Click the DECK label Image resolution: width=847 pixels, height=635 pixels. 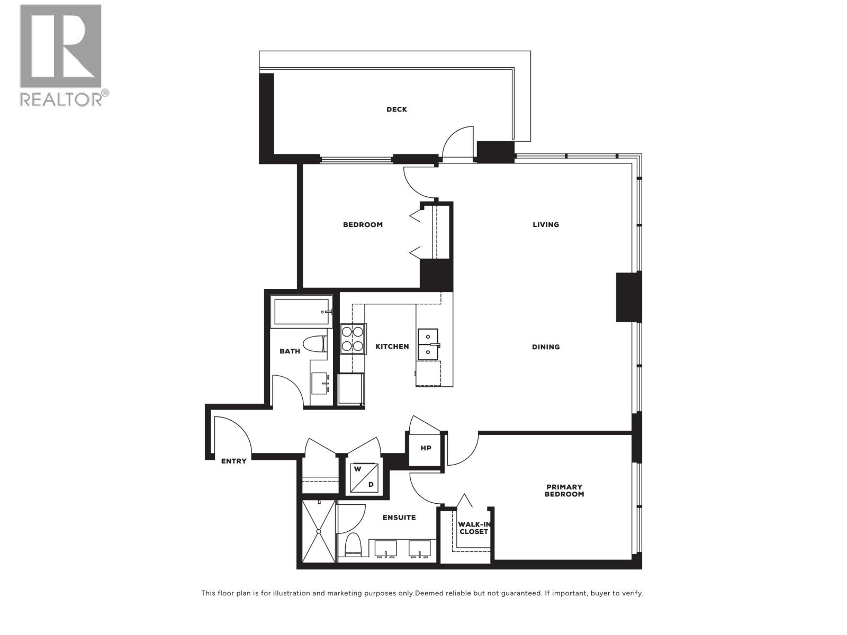(x=397, y=110)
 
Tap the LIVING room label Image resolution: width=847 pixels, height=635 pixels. (x=545, y=224)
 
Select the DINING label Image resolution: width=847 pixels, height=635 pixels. (x=545, y=347)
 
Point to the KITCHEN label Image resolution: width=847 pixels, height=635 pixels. (x=392, y=347)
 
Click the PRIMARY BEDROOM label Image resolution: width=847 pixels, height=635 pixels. (x=565, y=491)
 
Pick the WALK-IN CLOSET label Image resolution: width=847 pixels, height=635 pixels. (x=474, y=528)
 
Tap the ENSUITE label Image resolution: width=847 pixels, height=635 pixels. (x=399, y=518)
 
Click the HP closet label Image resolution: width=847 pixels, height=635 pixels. (x=426, y=448)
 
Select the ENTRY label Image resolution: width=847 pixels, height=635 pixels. (x=233, y=461)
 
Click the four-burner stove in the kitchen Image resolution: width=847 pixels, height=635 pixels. (x=353, y=339)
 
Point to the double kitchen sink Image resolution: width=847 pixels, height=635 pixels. (x=428, y=344)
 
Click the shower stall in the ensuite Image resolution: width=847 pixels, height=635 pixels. (x=319, y=531)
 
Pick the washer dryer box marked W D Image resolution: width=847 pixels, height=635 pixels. (x=364, y=477)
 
